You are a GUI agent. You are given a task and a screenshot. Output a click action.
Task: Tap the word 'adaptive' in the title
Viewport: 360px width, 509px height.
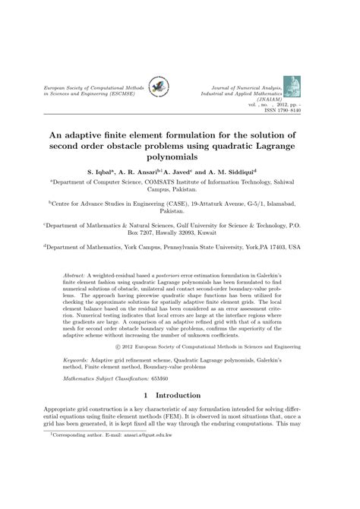tap(88, 135)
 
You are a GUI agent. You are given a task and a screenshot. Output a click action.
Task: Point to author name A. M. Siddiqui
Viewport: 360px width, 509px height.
tap(248, 172)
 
